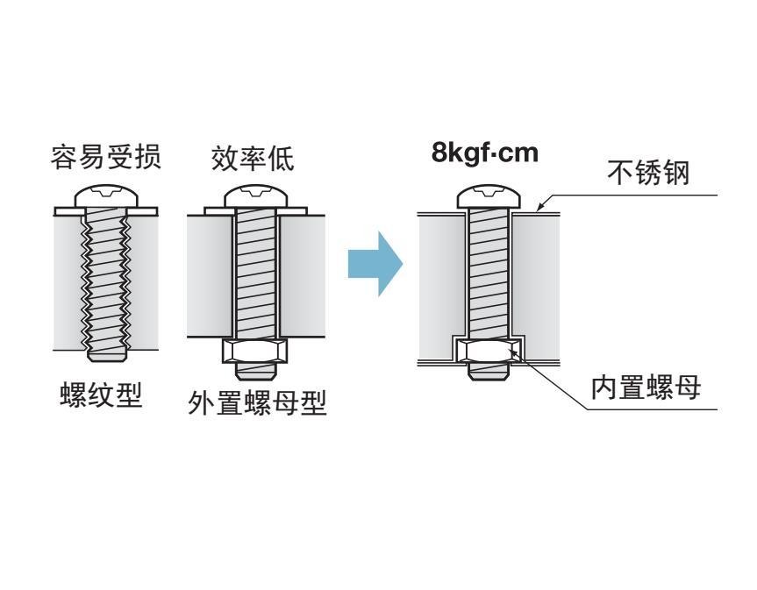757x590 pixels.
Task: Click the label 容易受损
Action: coord(104,158)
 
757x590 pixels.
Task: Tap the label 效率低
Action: coord(253,158)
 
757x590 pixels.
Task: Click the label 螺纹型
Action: coord(100,396)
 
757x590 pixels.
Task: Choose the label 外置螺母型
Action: coord(257,404)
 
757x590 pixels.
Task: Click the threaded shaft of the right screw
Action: coord(489,272)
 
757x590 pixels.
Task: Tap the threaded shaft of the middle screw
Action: coord(255,272)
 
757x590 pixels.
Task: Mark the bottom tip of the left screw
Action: coord(104,355)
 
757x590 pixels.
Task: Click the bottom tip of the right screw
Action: coord(489,372)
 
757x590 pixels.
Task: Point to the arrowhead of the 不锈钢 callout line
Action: coord(541,210)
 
